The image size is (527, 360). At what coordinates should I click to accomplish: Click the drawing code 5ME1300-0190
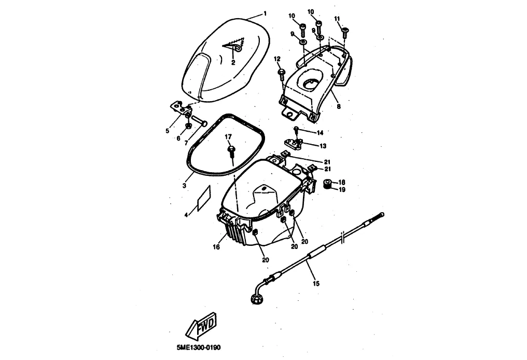(x=195, y=347)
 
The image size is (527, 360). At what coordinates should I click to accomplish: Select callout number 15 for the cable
(x=316, y=283)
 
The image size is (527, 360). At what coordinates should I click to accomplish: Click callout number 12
(x=277, y=58)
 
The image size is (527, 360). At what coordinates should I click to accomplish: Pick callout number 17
(x=227, y=137)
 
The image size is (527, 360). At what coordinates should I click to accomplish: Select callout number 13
(x=323, y=146)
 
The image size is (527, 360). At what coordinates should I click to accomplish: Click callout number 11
(x=338, y=19)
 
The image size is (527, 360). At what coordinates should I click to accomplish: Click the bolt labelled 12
(x=281, y=72)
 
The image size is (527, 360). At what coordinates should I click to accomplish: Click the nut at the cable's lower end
(x=256, y=298)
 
